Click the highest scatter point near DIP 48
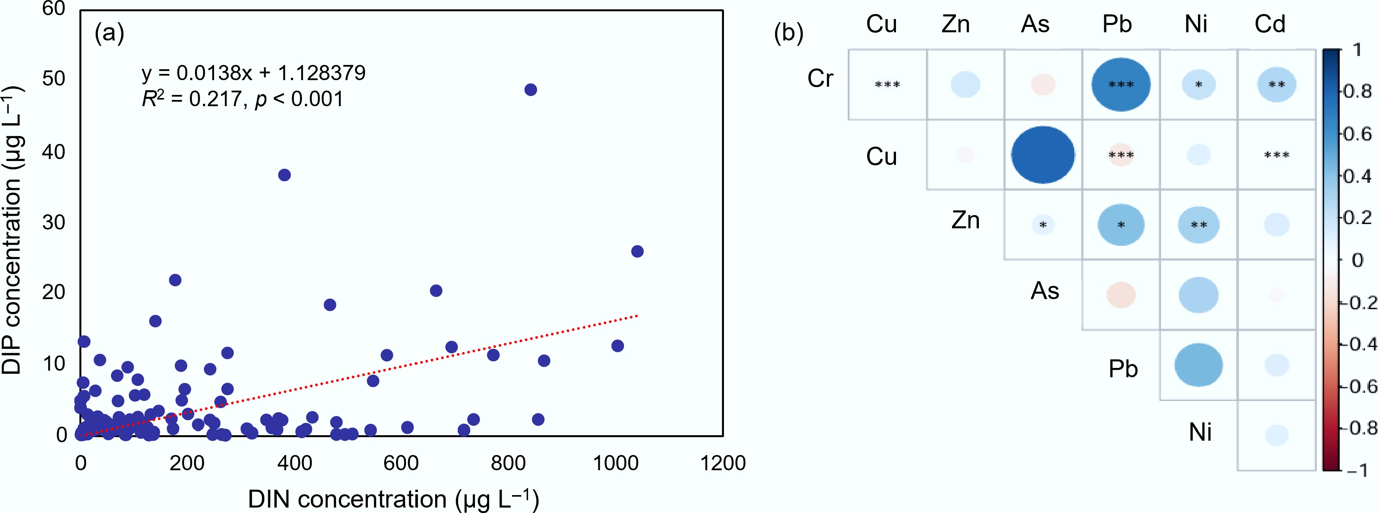pyautogui.click(x=531, y=90)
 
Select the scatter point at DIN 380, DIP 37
pyautogui.click(x=284, y=175)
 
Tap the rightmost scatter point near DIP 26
pyautogui.click(x=637, y=251)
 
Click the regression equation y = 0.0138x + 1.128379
pyautogui.click(x=254, y=73)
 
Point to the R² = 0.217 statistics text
pyautogui.click(x=242, y=99)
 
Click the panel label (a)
pyautogui.click(x=109, y=33)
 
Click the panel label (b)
pyautogui.click(x=789, y=33)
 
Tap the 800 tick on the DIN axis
pyautogui.click(x=508, y=463)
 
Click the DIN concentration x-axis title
pyautogui.click(x=393, y=499)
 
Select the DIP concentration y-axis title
pyautogui.click(x=12, y=230)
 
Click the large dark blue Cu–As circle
pyautogui.click(x=1042, y=154)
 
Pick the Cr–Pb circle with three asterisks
pyautogui.click(x=1121, y=84)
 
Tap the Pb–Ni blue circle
pyautogui.click(x=1198, y=365)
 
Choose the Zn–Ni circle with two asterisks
pyautogui.click(x=1198, y=225)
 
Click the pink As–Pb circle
pyautogui.click(x=1121, y=295)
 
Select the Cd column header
pyautogui.click(x=1270, y=24)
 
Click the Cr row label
pyautogui.click(x=820, y=79)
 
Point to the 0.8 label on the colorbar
pyautogui.click(x=1358, y=91)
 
